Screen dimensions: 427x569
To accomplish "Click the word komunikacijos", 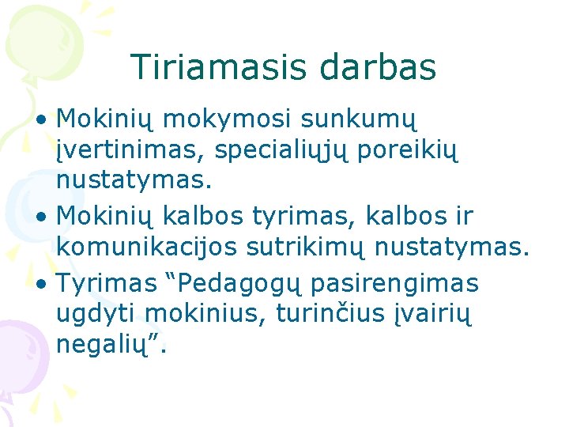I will [x=148, y=248].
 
